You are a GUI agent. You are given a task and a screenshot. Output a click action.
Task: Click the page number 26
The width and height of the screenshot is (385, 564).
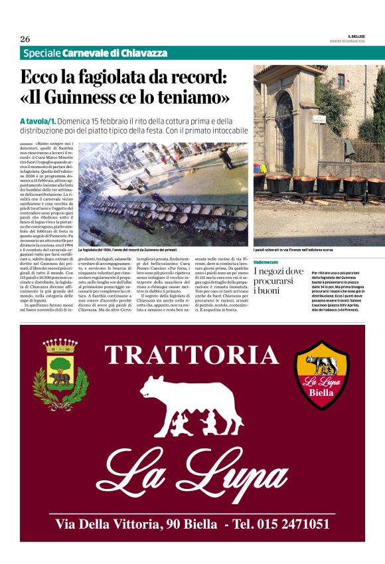tap(25, 39)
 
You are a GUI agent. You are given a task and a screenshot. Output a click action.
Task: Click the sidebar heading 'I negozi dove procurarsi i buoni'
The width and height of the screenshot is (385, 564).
tap(279, 280)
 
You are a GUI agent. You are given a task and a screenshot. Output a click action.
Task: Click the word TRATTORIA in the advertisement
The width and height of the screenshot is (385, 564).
tap(192, 355)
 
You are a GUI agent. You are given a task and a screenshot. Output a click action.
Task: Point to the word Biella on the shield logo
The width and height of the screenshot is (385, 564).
tap(322, 392)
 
